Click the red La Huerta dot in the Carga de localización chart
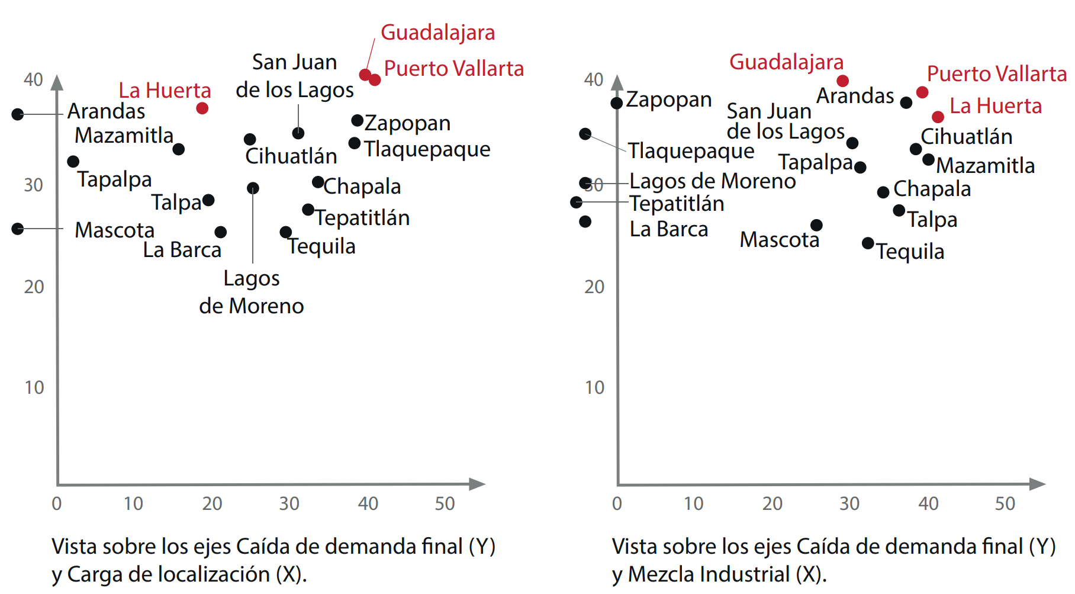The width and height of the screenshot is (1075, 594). click(x=202, y=108)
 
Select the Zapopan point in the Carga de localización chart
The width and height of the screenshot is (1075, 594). click(x=357, y=121)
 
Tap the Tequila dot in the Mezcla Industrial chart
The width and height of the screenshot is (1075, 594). click(x=868, y=243)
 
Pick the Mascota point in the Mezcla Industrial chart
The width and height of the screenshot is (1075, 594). click(x=816, y=225)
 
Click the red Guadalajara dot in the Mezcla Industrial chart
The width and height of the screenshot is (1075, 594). click(x=842, y=81)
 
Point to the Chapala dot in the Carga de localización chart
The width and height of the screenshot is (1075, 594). click(x=318, y=182)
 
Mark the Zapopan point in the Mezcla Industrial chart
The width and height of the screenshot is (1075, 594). click(x=617, y=103)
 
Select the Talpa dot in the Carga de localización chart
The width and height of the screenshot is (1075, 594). click(x=208, y=200)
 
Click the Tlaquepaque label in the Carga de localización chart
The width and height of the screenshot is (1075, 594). click(x=427, y=149)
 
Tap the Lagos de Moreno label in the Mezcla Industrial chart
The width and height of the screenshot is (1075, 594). click(x=712, y=181)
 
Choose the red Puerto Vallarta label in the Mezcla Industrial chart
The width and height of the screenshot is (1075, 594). click(x=996, y=74)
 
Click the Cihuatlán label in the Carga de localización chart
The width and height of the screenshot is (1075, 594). click(x=291, y=156)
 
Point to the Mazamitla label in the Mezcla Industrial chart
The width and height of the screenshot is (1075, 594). click(x=985, y=166)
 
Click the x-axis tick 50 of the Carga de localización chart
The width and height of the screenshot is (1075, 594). click(x=445, y=504)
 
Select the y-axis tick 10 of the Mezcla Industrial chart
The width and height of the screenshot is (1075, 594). click(x=594, y=388)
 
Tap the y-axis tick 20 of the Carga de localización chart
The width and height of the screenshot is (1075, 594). click(x=34, y=287)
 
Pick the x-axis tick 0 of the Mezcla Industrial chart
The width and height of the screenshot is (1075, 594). click(x=617, y=504)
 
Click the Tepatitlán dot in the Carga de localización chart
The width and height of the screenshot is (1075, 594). click(x=308, y=210)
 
